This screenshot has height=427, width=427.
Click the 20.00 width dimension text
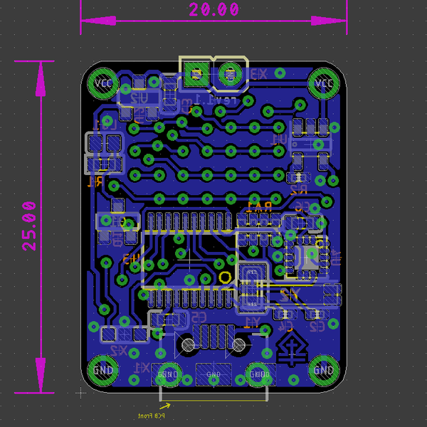213,10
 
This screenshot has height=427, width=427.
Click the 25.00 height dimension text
29,226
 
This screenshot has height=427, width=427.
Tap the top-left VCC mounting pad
103,83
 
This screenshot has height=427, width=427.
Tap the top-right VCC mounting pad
324,83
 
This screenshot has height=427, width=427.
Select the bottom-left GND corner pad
103,370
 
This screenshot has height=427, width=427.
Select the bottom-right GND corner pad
324,370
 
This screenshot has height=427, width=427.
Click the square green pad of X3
195,72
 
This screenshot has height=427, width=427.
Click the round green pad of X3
230,72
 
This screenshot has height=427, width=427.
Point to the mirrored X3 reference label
257,74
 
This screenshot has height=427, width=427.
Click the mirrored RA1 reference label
259,206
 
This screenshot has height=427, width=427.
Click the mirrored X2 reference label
117,351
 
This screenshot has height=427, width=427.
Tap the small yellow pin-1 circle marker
225,277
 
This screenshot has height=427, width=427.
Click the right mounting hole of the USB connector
239,345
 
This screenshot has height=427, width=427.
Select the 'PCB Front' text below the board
152,415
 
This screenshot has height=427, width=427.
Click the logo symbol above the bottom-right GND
292,349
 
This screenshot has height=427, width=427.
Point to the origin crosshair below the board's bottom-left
81,392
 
